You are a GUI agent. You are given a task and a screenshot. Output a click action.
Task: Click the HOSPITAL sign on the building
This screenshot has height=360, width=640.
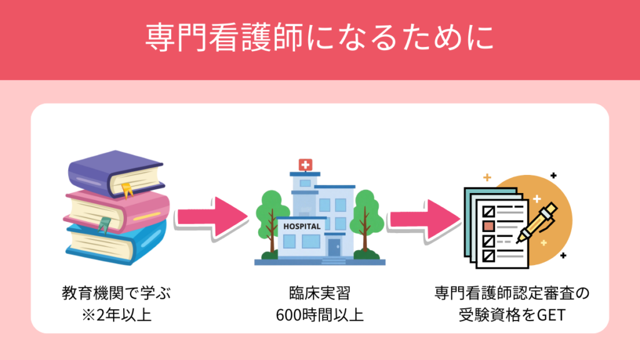click(302, 226)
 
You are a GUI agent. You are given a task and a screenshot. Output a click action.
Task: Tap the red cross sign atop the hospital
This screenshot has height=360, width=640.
click(306, 165)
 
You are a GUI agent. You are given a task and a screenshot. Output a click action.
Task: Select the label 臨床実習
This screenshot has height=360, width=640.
click(319, 293)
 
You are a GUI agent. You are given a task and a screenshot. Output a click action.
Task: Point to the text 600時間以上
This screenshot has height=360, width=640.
click(319, 314)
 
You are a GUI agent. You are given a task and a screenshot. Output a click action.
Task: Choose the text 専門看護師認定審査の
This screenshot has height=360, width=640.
click(512, 293)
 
